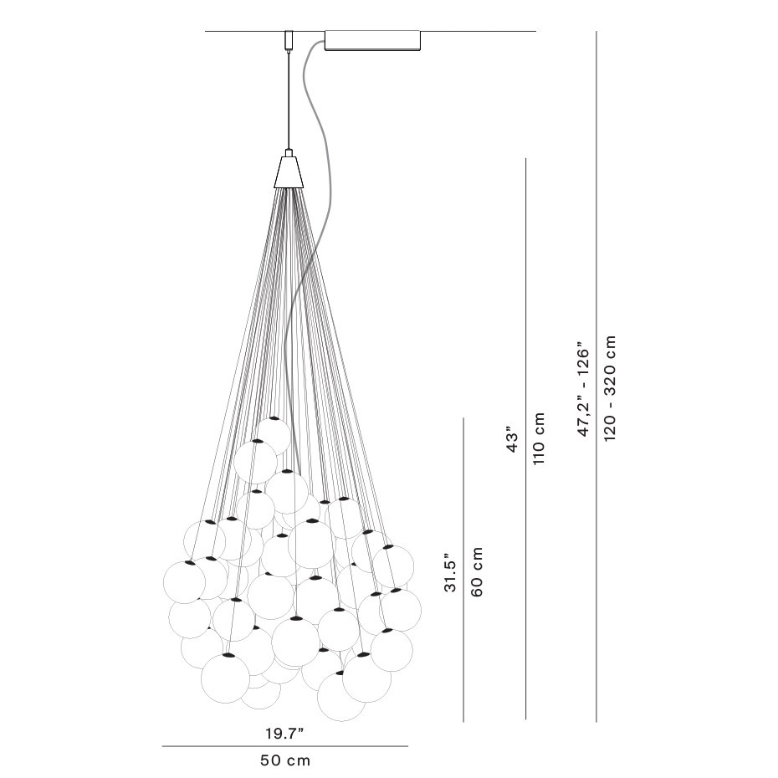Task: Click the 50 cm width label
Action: coord(285,760)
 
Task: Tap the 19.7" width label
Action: coord(284,734)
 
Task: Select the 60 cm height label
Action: coord(478,571)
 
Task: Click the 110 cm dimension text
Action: coord(539,439)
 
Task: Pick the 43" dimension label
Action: coord(513,441)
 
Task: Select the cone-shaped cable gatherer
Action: coord(289,171)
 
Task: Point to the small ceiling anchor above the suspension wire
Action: coord(289,40)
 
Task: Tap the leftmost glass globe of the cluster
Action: coord(184,581)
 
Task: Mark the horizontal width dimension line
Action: coord(284,746)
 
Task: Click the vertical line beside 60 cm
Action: coord(463,569)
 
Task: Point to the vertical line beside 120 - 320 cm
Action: coord(596,376)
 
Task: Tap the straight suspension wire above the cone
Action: coord(289,100)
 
